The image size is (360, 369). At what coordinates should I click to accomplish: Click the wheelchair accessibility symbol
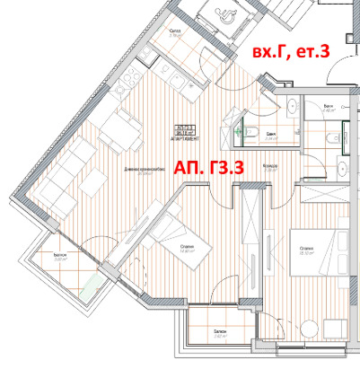222,10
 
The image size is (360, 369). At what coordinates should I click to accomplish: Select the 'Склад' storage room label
176,29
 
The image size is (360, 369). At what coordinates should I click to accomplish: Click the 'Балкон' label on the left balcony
59,256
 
